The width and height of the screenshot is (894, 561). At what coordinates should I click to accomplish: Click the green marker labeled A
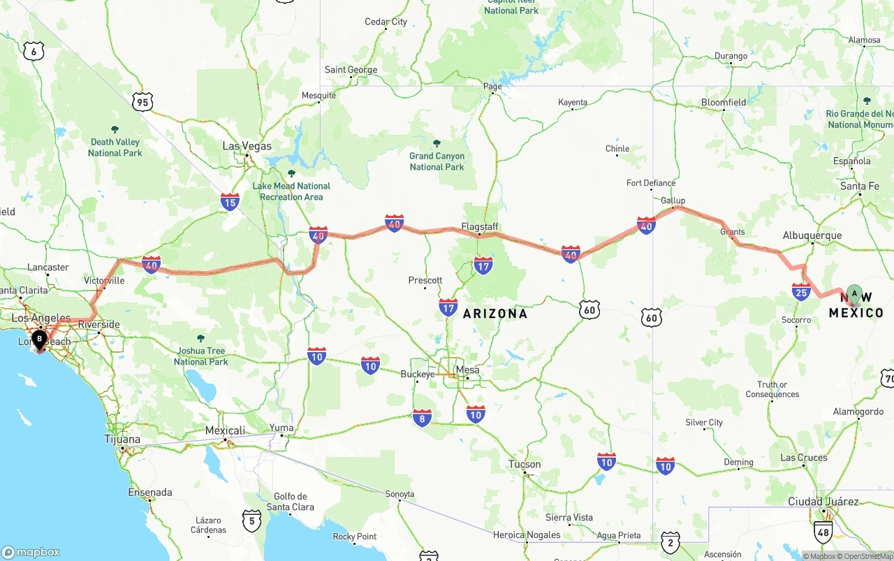pyautogui.click(x=854, y=293)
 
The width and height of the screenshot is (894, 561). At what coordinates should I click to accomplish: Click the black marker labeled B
pyautogui.click(x=40, y=340)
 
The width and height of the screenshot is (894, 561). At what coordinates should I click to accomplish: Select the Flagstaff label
pyautogui.click(x=480, y=226)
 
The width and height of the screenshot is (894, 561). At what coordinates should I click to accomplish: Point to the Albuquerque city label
pyautogui.click(x=812, y=235)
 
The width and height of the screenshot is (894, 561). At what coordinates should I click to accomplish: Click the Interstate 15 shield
pyautogui.click(x=230, y=203)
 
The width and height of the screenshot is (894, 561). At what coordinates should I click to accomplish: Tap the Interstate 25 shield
pyautogui.click(x=801, y=291)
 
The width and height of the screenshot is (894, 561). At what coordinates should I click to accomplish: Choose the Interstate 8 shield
pyautogui.click(x=422, y=417)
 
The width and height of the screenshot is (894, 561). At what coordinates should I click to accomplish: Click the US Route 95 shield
pyautogui.click(x=142, y=103)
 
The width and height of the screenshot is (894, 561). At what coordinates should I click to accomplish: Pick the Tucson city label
pyautogui.click(x=525, y=464)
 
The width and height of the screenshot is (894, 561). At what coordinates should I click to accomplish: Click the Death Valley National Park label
pyautogui.click(x=115, y=147)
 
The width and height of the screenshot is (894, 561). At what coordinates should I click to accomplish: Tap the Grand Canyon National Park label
pyautogui.click(x=437, y=161)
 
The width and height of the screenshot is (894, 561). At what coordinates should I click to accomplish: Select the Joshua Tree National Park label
pyautogui.click(x=201, y=356)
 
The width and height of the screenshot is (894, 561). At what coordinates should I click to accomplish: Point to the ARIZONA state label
pyautogui.click(x=495, y=314)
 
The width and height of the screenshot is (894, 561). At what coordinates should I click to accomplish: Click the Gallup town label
pyautogui.click(x=673, y=201)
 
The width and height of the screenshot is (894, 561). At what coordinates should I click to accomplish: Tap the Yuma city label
pyautogui.click(x=282, y=428)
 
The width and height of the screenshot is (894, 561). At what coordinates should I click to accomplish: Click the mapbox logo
pyautogui.click(x=31, y=552)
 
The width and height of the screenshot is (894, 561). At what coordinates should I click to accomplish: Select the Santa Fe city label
pyautogui.click(x=860, y=186)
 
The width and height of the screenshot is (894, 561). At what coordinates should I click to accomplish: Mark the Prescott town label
pyautogui.click(x=425, y=280)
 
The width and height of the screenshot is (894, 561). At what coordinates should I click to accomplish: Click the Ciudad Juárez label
pyautogui.click(x=823, y=502)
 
